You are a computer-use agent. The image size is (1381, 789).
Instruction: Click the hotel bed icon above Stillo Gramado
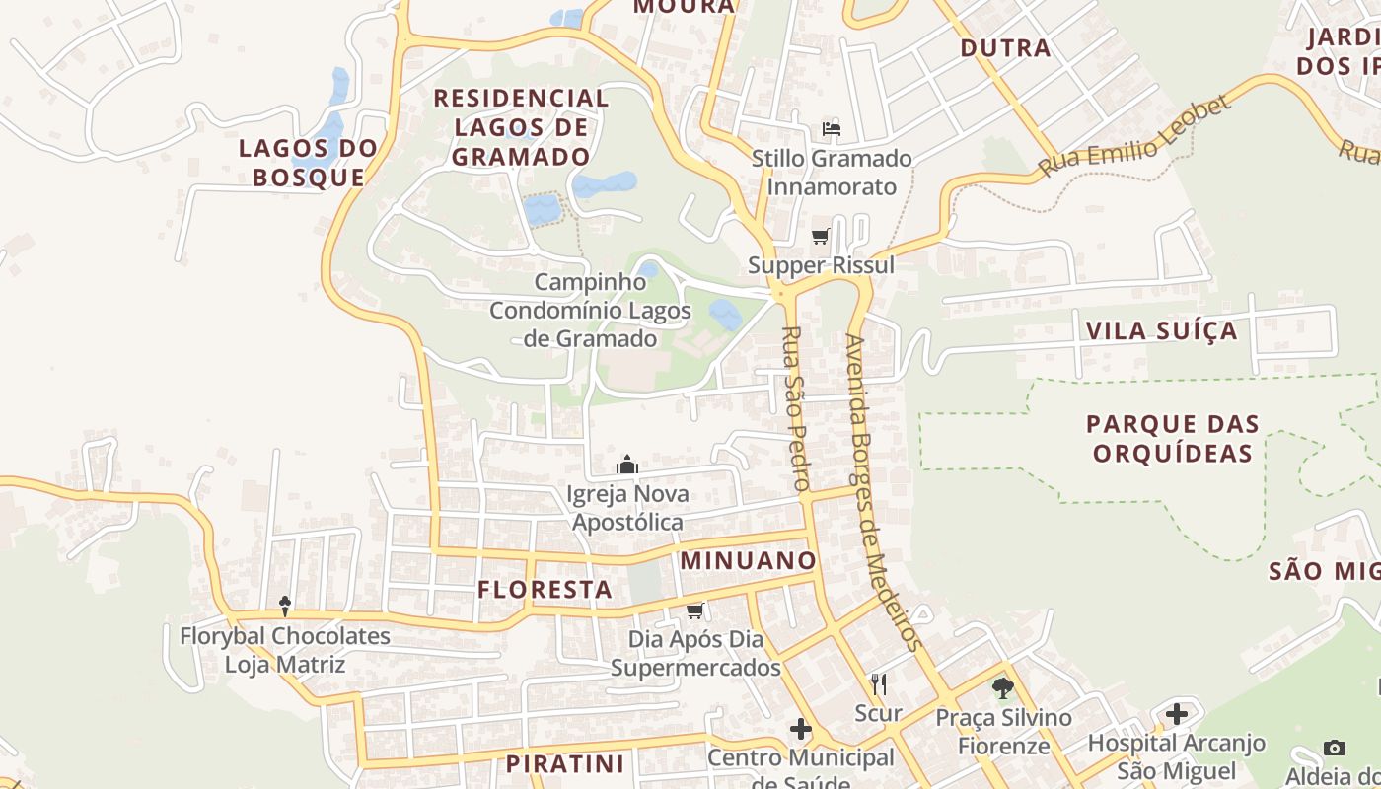pos(832,129)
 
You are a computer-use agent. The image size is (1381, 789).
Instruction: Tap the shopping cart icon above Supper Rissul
pos(820,237)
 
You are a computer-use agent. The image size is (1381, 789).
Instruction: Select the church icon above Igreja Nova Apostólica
pos(627,465)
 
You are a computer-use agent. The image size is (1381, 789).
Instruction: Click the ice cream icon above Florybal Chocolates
pos(285,606)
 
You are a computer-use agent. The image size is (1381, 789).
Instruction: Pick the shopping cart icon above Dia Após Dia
pos(694,611)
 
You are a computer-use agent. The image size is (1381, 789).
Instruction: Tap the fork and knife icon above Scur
pos(878,683)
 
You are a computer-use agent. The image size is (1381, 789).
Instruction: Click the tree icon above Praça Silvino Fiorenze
pos(1003,687)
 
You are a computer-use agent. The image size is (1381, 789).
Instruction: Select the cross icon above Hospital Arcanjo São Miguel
pos(1176,713)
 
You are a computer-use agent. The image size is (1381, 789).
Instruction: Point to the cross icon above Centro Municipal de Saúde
pos(801,729)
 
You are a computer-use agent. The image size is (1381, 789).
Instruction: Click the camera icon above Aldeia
pos(1335,748)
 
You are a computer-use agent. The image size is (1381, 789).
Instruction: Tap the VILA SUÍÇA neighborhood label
pos(1161,330)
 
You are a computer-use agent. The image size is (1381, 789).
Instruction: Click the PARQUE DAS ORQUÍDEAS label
pos(1173,439)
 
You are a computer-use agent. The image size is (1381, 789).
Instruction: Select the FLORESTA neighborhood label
pos(545,590)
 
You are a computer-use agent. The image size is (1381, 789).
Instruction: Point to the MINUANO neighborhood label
pos(749,561)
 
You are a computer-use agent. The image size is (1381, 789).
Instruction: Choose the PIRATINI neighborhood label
pos(565,763)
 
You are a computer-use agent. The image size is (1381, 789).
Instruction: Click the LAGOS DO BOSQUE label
pos(308,163)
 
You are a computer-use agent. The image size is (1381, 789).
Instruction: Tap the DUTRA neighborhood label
pos(1005,47)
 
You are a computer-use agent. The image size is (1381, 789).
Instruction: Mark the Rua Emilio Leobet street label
pos(1134,136)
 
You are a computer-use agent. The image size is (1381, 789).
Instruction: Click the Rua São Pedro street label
pos(795,408)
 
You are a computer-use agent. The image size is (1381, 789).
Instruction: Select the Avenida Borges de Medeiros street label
pos(883,493)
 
